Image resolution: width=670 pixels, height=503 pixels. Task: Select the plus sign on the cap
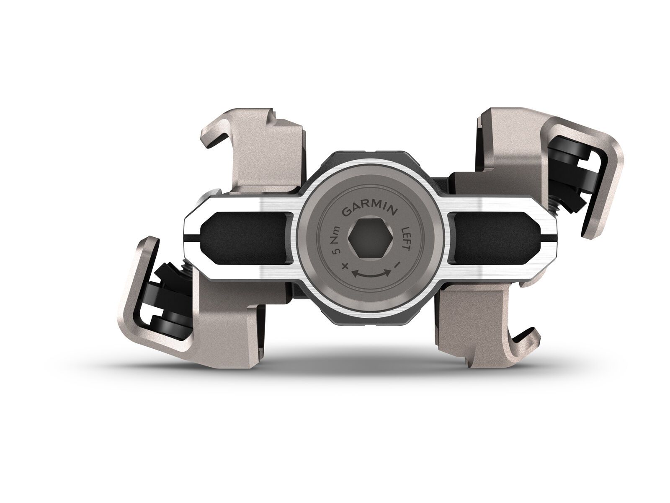(x=345, y=266)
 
